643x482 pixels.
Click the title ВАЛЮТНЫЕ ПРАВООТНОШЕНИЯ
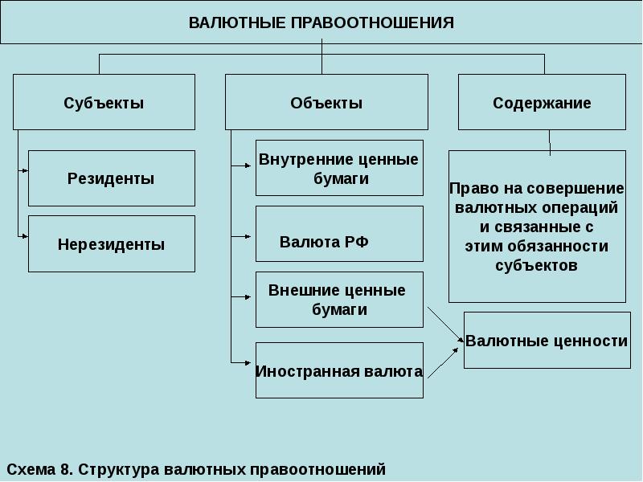pyautogui.click(x=321, y=22)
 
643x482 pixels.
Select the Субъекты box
pyautogui.click(x=104, y=103)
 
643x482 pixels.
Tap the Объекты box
pyautogui.click(x=326, y=103)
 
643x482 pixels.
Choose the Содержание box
pyautogui.click(x=542, y=103)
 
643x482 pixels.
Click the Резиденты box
pyautogui.click(x=111, y=178)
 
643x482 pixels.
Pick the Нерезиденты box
pyautogui.click(x=111, y=244)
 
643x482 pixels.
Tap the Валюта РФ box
pyautogui.click(x=339, y=234)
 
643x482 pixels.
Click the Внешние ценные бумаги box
pyautogui.click(x=339, y=300)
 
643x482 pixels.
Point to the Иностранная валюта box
pyautogui.click(x=339, y=371)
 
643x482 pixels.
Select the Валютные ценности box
pyautogui.click(x=547, y=341)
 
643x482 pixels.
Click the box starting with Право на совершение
pyautogui.click(x=536, y=227)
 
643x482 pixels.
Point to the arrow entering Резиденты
pyautogui.click(x=23, y=171)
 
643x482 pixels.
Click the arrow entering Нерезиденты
pyautogui.click(x=23, y=236)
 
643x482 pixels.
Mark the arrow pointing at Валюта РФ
pyautogui.click(x=242, y=236)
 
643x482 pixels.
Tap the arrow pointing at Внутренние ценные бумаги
pyautogui.click(x=242, y=166)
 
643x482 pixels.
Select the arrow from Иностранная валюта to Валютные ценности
pyautogui.click(x=444, y=357)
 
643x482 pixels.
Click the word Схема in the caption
pyautogui.click(x=31, y=468)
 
